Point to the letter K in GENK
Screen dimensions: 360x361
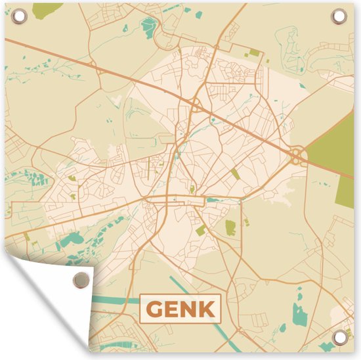[209, 308]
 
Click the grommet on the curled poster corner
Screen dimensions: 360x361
[81, 280]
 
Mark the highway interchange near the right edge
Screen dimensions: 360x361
[297, 156]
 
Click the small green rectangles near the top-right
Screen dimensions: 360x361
[254, 52]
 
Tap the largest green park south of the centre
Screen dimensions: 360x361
[230, 227]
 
